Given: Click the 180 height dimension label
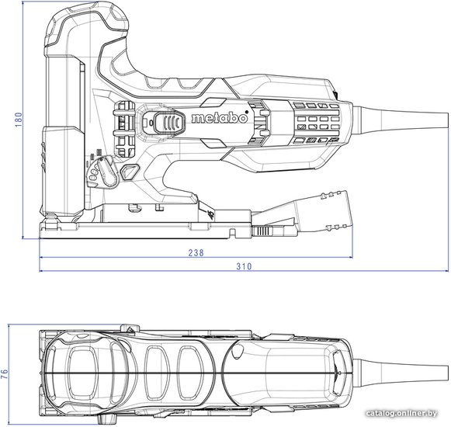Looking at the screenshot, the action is coord(19,120).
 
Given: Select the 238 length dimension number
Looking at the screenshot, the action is coord(196,252).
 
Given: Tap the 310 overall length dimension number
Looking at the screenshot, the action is coord(244,266).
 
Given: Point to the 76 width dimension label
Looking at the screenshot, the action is coord(5,374).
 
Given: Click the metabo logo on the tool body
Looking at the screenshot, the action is coord(220,118).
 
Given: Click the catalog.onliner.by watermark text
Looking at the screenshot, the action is coord(401,414).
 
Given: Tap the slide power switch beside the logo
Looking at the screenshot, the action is coord(169,123).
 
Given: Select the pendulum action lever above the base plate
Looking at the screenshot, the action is coord(107,172).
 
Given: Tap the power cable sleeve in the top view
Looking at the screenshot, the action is coord(401,373).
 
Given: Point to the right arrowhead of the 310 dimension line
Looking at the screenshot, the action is coord(446,271).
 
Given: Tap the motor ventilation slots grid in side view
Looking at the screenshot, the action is coord(317,123).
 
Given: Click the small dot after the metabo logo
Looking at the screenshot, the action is coord(247,112).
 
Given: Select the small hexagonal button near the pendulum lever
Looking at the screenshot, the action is coord(130,172).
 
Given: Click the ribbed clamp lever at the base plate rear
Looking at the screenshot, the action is coord(262,231).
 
